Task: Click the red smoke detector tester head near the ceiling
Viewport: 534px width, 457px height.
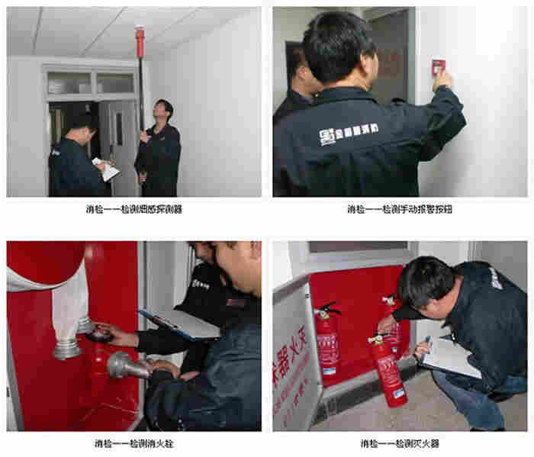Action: coord(139,36)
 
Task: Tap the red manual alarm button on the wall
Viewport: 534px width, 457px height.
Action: coord(438,67)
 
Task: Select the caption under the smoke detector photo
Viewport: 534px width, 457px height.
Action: coord(133,209)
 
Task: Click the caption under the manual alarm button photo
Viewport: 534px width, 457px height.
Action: coord(400,209)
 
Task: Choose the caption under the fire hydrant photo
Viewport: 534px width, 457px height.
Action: coord(133,443)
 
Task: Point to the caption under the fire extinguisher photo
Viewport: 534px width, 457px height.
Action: coord(400,443)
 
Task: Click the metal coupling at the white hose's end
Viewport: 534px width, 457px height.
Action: coord(67,347)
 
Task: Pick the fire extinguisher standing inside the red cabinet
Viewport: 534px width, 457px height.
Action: coord(328,336)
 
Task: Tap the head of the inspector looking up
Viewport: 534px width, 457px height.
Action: coord(163,110)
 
